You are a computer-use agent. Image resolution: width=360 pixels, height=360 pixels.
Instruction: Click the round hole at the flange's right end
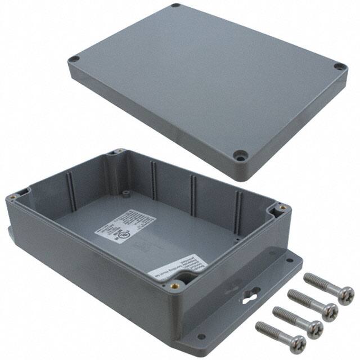point(291,261)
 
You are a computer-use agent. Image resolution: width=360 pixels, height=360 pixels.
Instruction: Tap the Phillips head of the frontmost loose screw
point(296,343)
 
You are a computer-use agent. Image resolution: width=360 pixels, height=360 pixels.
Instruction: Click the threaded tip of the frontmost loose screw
point(259,325)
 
